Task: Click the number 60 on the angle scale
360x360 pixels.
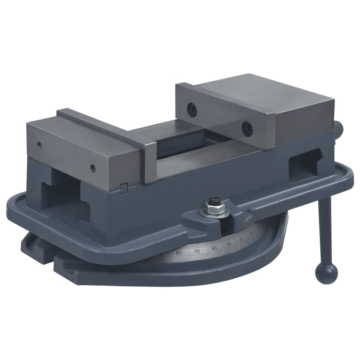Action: coord(179,253)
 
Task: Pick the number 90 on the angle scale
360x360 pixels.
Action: coord(229,244)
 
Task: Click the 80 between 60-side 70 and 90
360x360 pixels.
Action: coord(214,248)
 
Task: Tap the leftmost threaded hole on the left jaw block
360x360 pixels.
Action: coord(39,144)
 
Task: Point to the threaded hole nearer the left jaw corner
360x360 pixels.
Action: coord(92,168)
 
